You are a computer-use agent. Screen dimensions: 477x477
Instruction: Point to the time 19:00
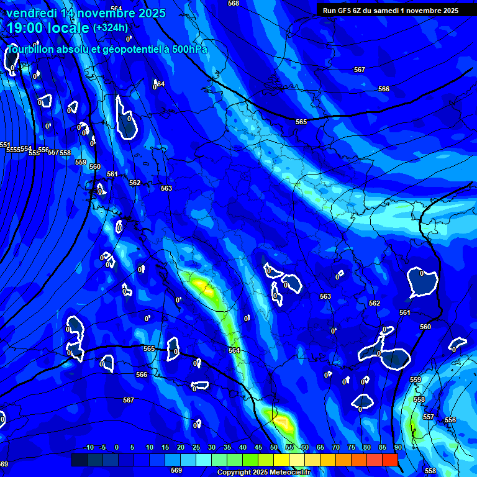(x=26, y=28)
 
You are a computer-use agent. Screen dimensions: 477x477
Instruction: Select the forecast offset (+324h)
(x=110, y=28)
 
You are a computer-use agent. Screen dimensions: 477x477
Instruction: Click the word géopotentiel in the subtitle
(x=129, y=49)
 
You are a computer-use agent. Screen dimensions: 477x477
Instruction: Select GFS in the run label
(x=343, y=11)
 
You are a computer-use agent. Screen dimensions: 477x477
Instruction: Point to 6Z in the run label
(x=358, y=11)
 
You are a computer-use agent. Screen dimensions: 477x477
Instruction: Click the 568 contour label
(x=234, y=4)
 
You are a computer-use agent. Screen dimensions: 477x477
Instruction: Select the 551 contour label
(x=5, y=145)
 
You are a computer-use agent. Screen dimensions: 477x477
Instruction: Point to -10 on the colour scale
(x=89, y=448)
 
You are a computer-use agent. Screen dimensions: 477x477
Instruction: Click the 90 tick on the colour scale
(x=397, y=448)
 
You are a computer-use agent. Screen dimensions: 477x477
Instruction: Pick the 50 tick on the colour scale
(x=274, y=448)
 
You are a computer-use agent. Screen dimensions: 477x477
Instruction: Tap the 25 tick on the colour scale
(x=196, y=448)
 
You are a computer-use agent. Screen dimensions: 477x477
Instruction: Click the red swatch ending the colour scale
(x=389, y=460)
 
